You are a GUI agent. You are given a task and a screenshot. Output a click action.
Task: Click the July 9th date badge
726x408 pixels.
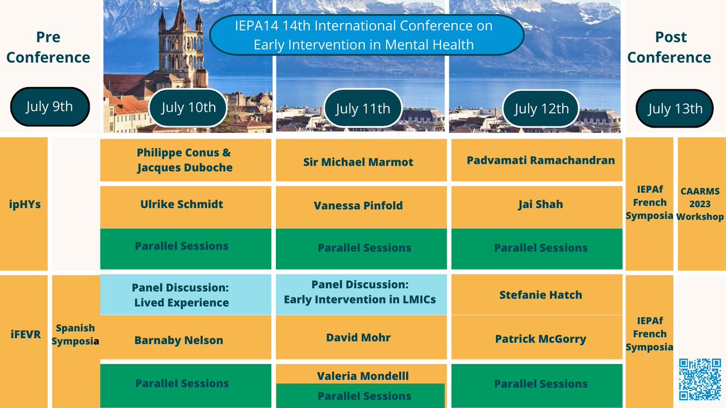point(50,107)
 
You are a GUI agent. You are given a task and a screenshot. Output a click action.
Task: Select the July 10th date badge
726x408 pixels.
point(188,108)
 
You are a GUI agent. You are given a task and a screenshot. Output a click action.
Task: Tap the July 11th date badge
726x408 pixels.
point(363,109)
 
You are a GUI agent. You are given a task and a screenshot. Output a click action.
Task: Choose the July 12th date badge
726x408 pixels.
point(541,109)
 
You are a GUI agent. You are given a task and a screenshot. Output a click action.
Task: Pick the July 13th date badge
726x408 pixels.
point(675,109)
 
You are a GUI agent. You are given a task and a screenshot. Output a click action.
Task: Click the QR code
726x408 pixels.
point(700,379)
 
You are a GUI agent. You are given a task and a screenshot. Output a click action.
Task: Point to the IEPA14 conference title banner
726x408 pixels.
point(367,36)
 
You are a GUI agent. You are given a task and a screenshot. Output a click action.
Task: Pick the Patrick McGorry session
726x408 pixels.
point(541,339)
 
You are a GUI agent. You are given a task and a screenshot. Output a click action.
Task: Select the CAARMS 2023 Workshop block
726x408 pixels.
point(701,203)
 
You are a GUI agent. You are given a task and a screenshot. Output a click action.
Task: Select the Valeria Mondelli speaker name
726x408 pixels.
point(363,376)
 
